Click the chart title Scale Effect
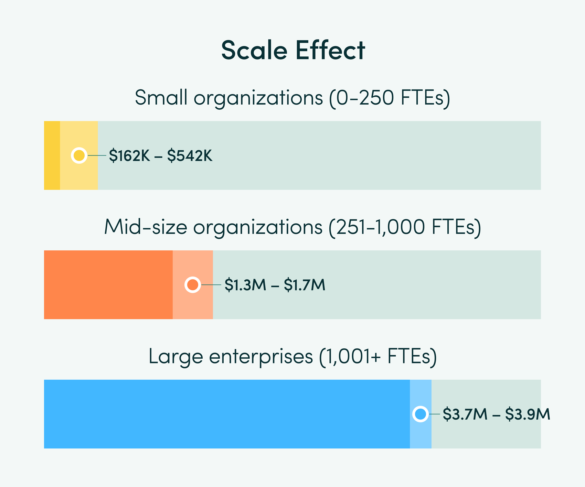point(293,50)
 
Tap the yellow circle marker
point(79,155)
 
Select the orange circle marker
point(193,285)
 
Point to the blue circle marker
point(421,414)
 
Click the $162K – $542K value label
point(160,156)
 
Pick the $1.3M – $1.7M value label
point(275,285)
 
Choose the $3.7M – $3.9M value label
point(496,414)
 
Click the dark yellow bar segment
point(52,155)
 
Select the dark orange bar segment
point(108,285)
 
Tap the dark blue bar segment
point(227,414)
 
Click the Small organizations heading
point(228,98)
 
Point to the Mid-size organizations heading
point(213,227)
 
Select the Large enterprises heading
point(231,357)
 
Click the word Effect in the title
point(330,50)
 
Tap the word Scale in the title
point(254,50)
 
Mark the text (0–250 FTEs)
point(390,98)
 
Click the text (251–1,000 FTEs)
point(405,227)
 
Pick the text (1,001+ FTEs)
point(378,357)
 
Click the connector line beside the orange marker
point(211,285)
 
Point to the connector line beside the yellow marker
point(97,155)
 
